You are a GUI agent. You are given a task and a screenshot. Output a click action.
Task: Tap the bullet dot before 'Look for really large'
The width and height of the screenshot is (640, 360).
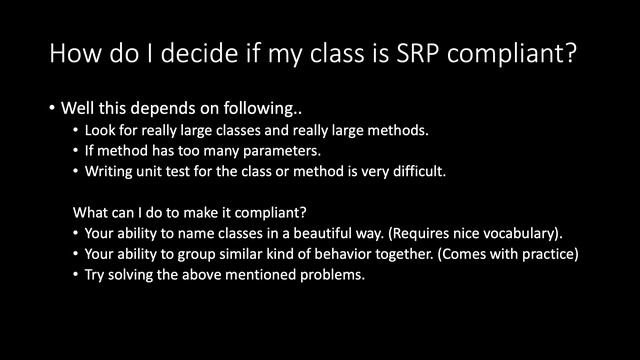(78, 131)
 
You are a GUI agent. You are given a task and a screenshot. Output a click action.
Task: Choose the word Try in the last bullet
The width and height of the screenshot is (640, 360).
(98, 274)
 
